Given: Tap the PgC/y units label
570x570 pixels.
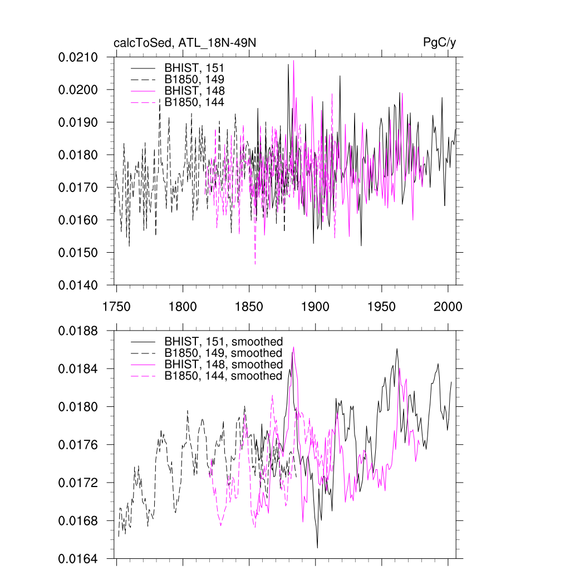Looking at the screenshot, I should (440, 43).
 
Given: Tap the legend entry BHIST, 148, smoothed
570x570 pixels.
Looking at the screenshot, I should (223, 365).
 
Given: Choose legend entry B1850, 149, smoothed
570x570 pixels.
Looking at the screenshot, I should (223, 353).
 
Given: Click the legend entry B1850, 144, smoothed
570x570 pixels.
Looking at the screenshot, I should (223, 376).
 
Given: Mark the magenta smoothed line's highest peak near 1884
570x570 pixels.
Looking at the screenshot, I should (293, 347).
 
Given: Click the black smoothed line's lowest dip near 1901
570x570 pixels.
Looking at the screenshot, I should (317, 548).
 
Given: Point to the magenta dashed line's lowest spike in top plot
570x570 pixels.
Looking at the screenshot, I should (255, 264).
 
